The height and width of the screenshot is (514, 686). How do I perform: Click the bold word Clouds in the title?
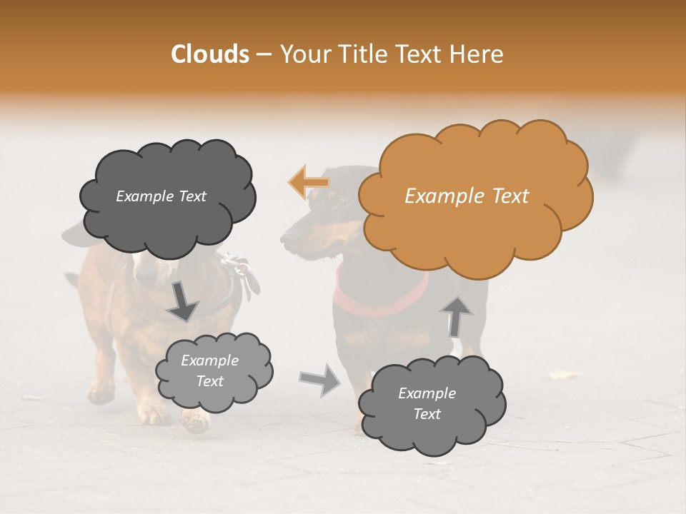[209, 54]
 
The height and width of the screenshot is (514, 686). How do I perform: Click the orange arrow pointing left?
[309, 182]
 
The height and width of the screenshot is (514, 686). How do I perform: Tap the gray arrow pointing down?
[183, 302]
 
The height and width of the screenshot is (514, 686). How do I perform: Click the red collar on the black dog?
[379, 303]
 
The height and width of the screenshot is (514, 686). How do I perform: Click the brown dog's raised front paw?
[194, 422]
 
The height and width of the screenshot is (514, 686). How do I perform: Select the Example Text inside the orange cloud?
[467, 196]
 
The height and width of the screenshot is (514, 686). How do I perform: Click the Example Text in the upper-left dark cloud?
[161, 196]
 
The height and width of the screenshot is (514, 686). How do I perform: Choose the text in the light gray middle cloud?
[209, 371]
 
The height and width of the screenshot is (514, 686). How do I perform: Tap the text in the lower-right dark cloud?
[427, 403]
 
